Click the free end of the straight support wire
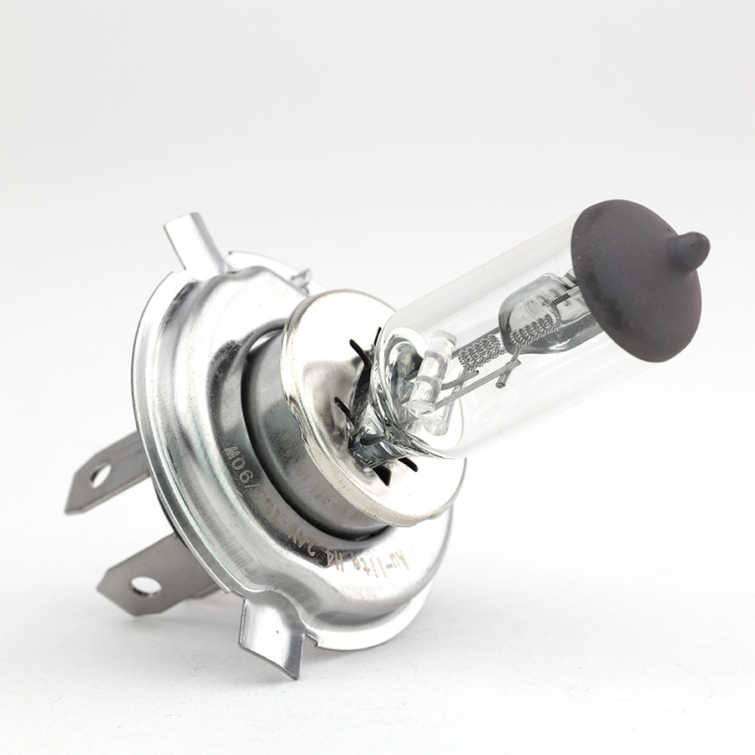click(x=500, y=385)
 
